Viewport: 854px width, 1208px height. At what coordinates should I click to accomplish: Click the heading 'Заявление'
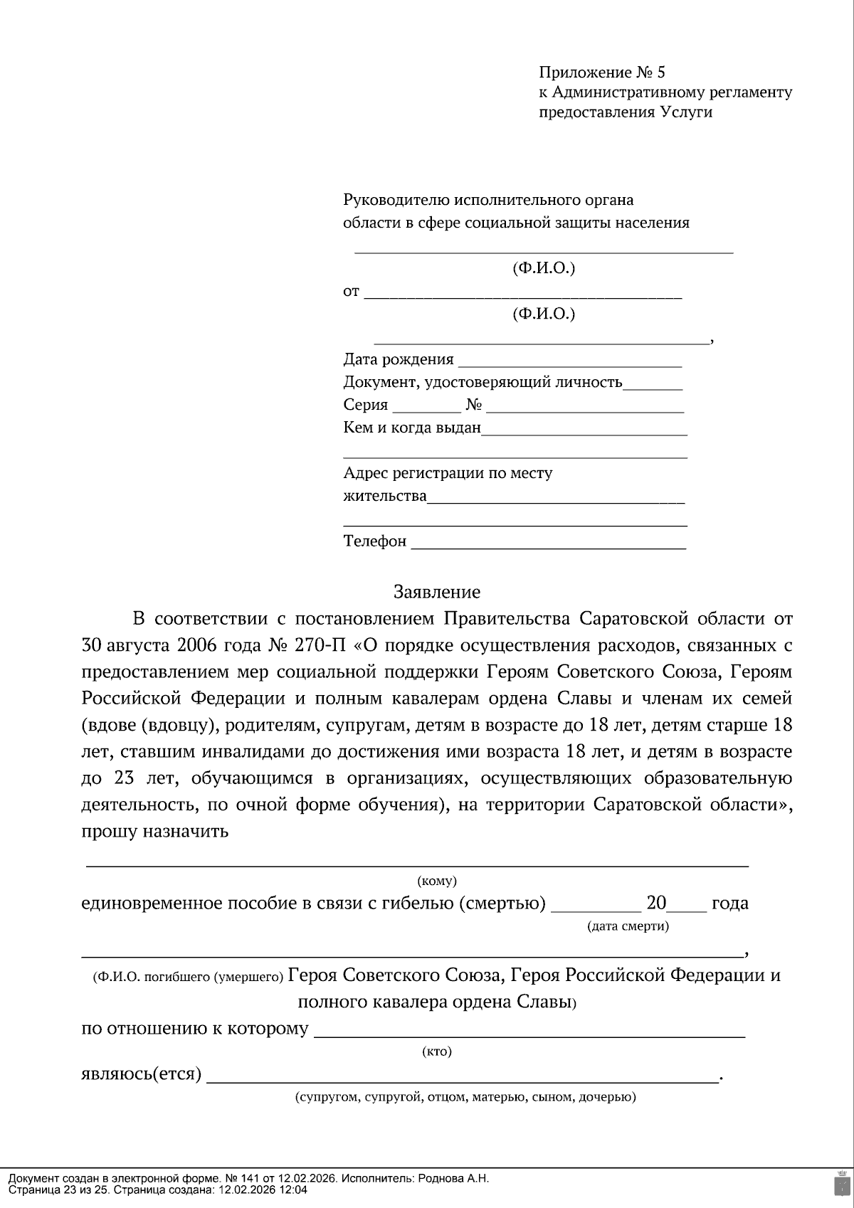(437, 592)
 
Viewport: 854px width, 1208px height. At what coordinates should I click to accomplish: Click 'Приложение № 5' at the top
(601, 73)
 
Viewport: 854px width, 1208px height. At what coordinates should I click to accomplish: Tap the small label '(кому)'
(437, 881)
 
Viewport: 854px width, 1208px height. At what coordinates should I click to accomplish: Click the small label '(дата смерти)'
(628, 926)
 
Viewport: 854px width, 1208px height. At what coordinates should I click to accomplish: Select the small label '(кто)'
(437, 1051)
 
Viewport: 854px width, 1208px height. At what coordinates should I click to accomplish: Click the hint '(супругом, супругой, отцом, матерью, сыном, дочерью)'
(465, 1097)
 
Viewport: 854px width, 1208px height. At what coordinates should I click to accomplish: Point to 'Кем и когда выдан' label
(412, 428)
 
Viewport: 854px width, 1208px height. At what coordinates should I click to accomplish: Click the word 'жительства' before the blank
(385, 496)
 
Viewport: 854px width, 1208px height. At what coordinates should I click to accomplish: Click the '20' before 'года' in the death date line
(656, 904)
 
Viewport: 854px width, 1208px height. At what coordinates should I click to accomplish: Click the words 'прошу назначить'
(155, 831)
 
